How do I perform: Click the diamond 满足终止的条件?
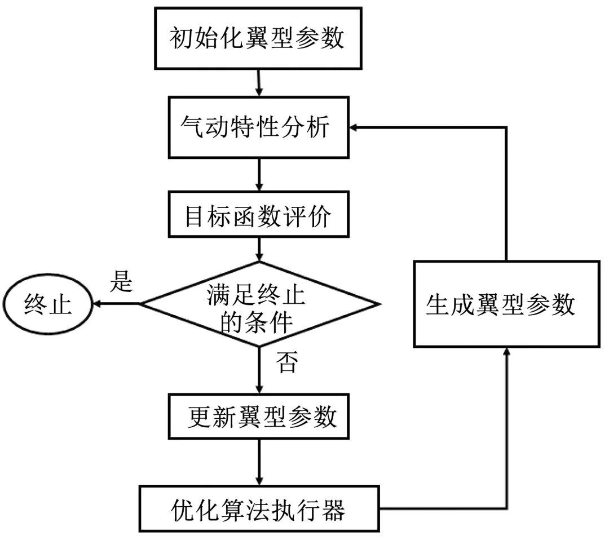(x=259, y=304)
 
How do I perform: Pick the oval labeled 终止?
(x=48, y=304)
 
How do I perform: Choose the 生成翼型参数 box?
(x=506, y=304)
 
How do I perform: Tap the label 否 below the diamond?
(x=286, y=363)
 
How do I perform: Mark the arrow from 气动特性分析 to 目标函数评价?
(x=258, y=175)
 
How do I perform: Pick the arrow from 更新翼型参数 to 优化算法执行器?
(x=259, y=463)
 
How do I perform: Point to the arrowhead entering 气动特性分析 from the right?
(x=353, y=128)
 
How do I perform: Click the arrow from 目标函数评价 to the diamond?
(x=259, y=249)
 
